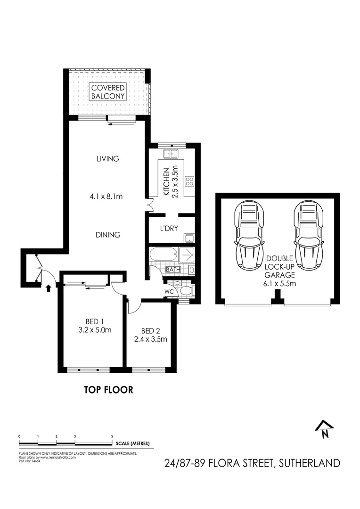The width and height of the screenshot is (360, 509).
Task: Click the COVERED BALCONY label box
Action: tap(108, 92)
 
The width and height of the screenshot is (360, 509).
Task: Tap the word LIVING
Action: tap(107, 159)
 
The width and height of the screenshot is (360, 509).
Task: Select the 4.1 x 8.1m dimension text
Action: tap(107, 196)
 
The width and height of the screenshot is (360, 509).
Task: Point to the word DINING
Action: tap(107, 234)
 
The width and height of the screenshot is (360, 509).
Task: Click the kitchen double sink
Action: tap(170, 154)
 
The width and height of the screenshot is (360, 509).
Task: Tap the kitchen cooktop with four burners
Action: tap(190, 181)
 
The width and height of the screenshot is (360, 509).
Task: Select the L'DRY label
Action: tap(168, 229)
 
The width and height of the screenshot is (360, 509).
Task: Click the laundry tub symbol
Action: tap(188, 238)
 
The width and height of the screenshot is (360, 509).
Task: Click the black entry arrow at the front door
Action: tap(48, 287)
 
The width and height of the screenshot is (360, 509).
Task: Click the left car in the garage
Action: tap(251, 234)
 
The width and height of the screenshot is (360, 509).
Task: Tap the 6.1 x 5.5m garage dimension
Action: tap(279, 284)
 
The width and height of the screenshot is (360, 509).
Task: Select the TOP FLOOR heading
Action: tap(108, 390)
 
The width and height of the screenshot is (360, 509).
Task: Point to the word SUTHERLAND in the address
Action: tap(310, 463)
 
